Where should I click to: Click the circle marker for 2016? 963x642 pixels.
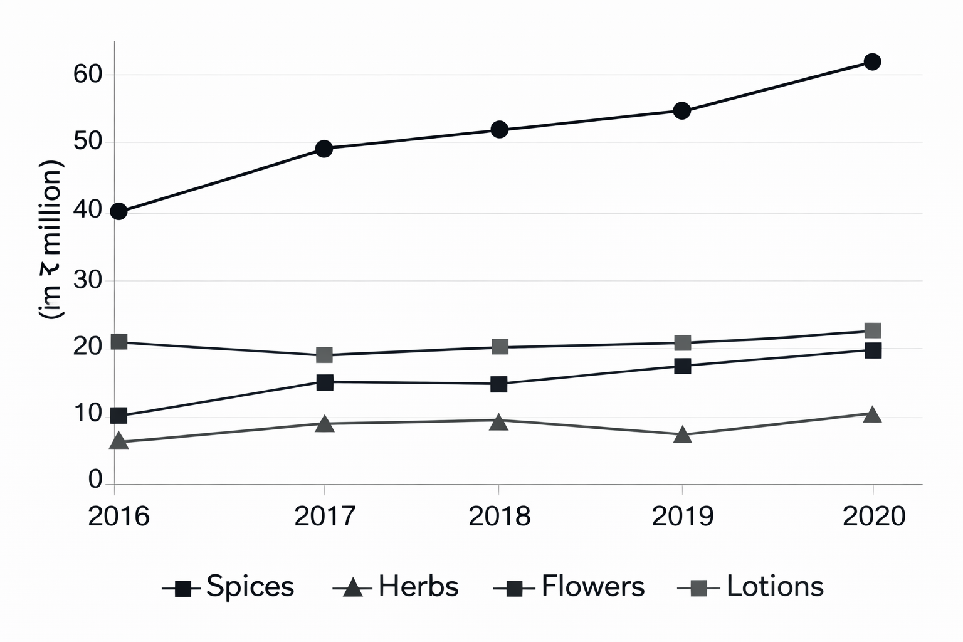tap(118, 211)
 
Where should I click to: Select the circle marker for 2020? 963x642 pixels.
tap(872, 61)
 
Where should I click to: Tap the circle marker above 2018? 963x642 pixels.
tap(499, 130)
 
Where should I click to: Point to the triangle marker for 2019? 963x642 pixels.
tap(683, 434)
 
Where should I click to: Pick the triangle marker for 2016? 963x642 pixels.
tap(118, 441)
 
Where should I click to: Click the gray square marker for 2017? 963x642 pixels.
tap(324, 355)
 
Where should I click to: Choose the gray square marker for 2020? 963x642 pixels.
tap(873, 330)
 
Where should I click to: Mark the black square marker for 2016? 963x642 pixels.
tap(118, 415)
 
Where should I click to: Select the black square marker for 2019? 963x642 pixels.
tap(683, 366)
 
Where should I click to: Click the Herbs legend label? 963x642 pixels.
tap(418, 587)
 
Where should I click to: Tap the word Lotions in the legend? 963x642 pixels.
tap(775, 587)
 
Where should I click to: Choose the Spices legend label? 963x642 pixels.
tap(250, 587)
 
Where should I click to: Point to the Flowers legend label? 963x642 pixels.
tap(592, 587)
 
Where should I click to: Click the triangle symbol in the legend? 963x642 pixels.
tap(353, 588)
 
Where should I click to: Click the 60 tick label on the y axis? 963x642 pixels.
tap(87, 75)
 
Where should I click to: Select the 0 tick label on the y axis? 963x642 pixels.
tap(95, 480)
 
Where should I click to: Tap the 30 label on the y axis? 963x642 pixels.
tap(87, 280)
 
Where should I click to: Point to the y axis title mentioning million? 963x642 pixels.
tap(51, 240)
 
